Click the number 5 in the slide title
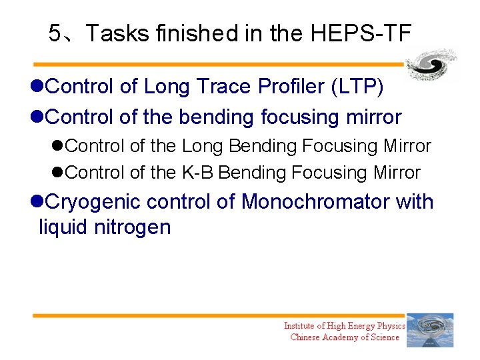coord(55,33)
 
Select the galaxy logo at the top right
coord(431,65)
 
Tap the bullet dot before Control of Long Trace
coord(37,87)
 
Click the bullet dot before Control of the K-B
coord(59,173)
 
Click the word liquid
coord(63,227)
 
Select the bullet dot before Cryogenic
coord(37,202)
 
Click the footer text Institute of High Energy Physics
coord(344,325)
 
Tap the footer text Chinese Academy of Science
coord(345,337)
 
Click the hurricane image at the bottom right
coord(430,330)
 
